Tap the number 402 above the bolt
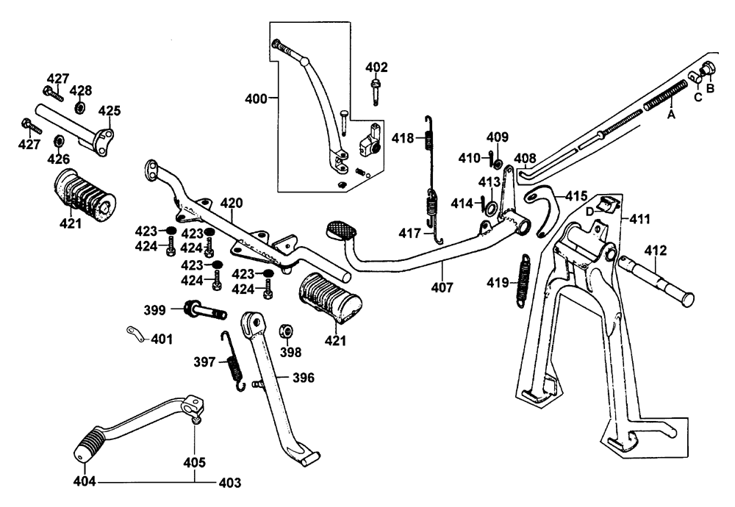click(x=376, y=68)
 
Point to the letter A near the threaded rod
click(x=670, y=115)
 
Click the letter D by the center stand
click(x=589, y=212)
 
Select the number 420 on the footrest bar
click(x=230, y=203)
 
